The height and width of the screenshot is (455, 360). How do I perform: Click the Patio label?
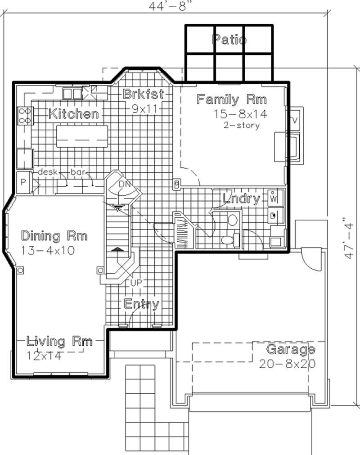[x=229, y=40]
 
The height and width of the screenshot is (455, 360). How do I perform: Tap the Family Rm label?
[x=232, y=99]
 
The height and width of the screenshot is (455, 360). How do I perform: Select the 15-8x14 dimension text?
[x=241, y=114]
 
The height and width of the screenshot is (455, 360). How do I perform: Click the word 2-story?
[x=242, y=126]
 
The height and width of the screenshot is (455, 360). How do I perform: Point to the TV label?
[x=295, y=120]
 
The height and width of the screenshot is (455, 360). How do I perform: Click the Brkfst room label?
[x=143, y=95]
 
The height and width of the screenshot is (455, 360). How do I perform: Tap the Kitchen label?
[x=74, y=114]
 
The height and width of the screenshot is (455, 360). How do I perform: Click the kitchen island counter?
[x=82, y=136]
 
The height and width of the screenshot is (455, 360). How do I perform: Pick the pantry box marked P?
[x=23, y=182]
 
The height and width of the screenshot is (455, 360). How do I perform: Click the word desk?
[x=46, y=172]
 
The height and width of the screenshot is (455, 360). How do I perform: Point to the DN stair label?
[x=124, y=185]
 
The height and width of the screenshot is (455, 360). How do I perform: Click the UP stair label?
[x=135, y=282]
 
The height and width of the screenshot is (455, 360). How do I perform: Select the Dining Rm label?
[x=54, y=235]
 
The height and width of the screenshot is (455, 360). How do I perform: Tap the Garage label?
[x=290, y=349]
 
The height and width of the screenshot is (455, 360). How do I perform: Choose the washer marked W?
[x=273, y=198]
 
